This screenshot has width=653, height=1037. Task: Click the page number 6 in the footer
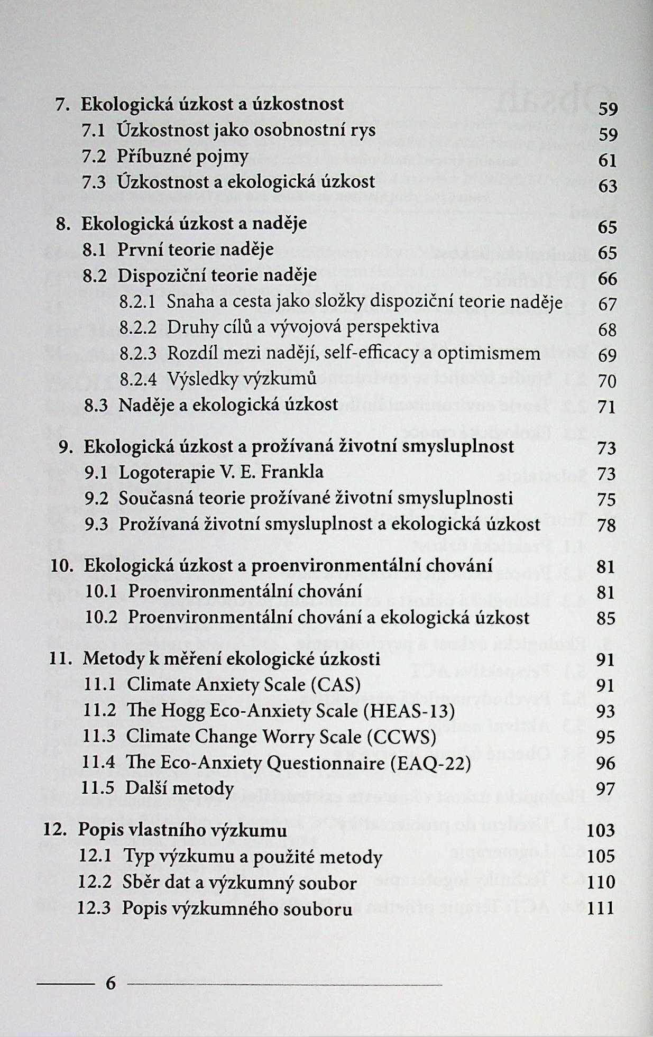pos(110,983)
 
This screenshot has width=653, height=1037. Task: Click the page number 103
pos(601,830)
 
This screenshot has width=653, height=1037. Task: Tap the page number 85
pos(606,618)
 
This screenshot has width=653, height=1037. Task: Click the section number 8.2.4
pos(139,379)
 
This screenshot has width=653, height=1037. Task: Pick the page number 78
pos(606,525)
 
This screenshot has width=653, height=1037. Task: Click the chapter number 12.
pos(54,830)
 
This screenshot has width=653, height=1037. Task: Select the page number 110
pos(601,882)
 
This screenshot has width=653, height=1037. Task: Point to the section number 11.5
pos(99,788)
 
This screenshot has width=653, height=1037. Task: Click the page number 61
pos(608,160)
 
